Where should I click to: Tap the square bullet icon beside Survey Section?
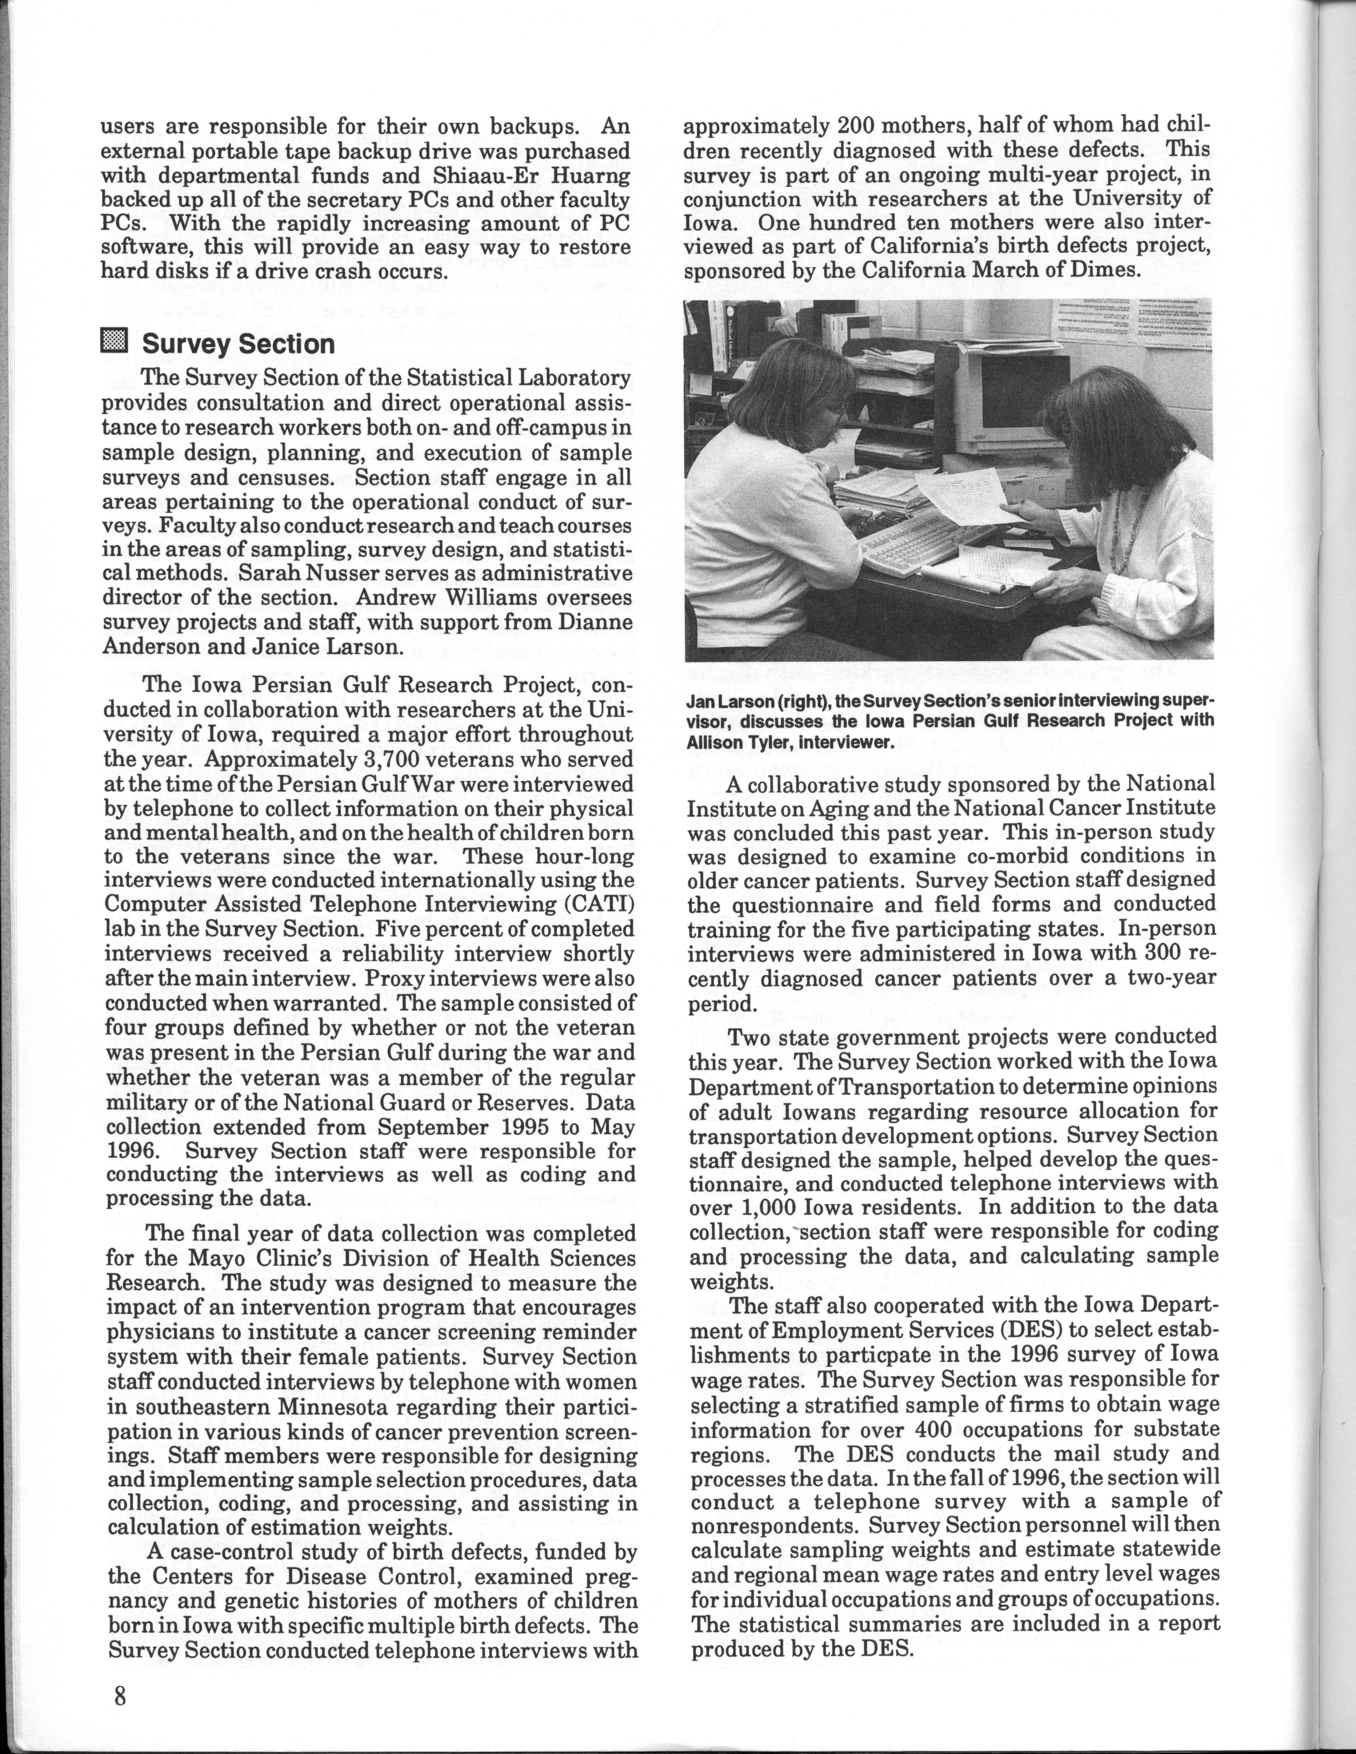tap(114, 343)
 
